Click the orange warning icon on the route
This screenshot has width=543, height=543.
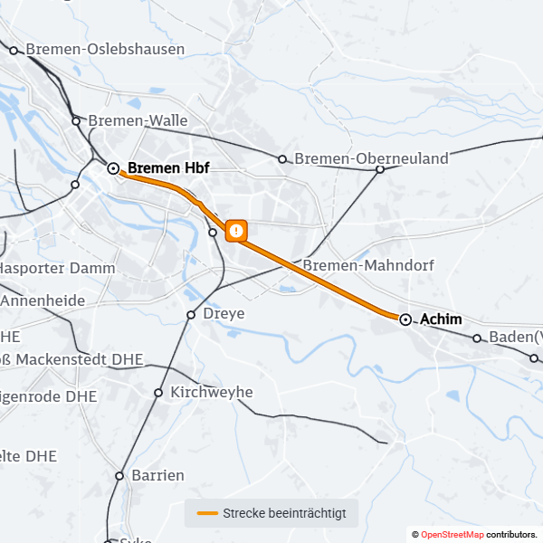236,231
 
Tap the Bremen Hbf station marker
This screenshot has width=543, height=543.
113,168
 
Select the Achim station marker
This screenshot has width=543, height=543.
405,319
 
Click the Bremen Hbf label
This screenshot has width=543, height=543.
168,168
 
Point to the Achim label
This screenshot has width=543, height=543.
442,319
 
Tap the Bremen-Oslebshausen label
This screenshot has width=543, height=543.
105,50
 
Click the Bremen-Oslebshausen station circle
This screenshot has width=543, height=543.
14,51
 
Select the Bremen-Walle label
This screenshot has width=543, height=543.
138,120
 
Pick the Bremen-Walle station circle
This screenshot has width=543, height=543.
77,120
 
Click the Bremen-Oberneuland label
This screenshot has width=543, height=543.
371,159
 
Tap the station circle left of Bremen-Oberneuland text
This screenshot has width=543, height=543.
282,159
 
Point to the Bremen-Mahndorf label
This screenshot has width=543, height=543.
368,266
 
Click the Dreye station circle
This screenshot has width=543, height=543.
191,315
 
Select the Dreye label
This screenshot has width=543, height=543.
224,314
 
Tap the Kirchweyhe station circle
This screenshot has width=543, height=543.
158,393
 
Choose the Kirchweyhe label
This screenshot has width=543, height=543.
212,393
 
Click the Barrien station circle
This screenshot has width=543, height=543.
119,475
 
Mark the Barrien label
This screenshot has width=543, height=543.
157,475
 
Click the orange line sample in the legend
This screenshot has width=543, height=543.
207,513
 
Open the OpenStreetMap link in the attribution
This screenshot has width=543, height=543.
452,535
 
